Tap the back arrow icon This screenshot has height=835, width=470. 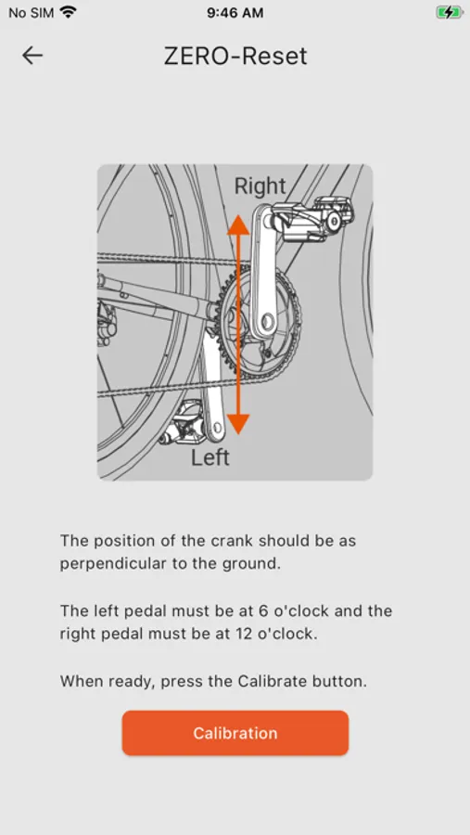pyautogui.click(x=32, y=56)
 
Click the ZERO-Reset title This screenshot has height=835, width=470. pyautogui.click(x=235, y=56)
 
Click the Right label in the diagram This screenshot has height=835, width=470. pyautogui.click(x=260, y=186)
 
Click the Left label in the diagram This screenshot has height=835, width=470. pyautogui.click(x=210, y=457)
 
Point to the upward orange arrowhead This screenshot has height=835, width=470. pyautogui.click(x=238, y=225)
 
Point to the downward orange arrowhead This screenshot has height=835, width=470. pyautogui.click(x=238, y=424)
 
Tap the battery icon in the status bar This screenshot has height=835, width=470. pyautogui.click(x=449, y=12)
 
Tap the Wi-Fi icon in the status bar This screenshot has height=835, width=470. pyautogui.click(x=68, y=12)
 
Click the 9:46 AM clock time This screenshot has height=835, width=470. pyautogui.click(x=235, y=13)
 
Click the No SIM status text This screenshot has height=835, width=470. pyautogui.click(x=31, y=13)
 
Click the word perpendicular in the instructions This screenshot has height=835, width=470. pyautogui.click(x=107, y=564)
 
